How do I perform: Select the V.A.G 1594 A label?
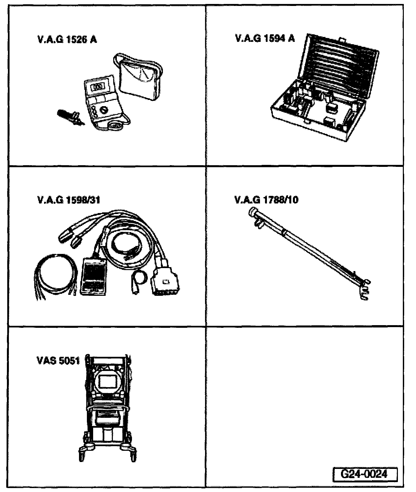click(x=265, y=39)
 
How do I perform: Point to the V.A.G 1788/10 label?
click(x=267, y=200)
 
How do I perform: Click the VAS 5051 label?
click(x=58, y=360)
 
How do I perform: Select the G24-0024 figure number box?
click(x=364, y=474)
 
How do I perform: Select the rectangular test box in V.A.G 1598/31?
click(x=93, y=275)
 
